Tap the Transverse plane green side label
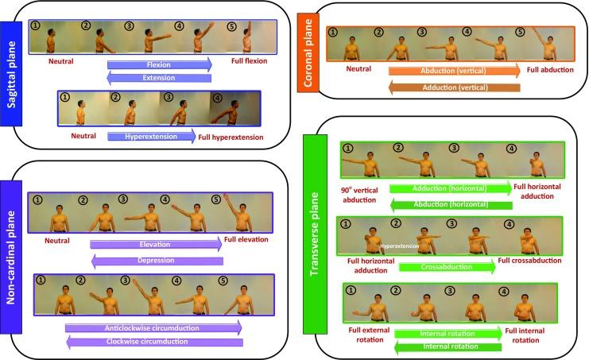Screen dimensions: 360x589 point(321,236)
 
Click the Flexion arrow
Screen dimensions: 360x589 point(160,64)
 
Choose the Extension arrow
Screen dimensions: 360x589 point(158,77)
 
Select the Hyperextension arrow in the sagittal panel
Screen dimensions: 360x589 point(152,137)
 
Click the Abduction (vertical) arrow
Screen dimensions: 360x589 point(454,71)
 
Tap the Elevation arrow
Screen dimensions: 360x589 point(156,244)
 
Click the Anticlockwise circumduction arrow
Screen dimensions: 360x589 point(154,327)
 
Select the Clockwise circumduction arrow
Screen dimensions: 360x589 point(154,342)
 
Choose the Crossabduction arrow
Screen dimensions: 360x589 point(447,267)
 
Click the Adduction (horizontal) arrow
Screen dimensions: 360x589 point(450,188)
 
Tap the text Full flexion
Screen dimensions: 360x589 point(245,60)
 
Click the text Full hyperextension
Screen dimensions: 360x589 point(233,137)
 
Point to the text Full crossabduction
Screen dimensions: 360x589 point(534,261)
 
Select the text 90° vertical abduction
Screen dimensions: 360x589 point(359,195)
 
